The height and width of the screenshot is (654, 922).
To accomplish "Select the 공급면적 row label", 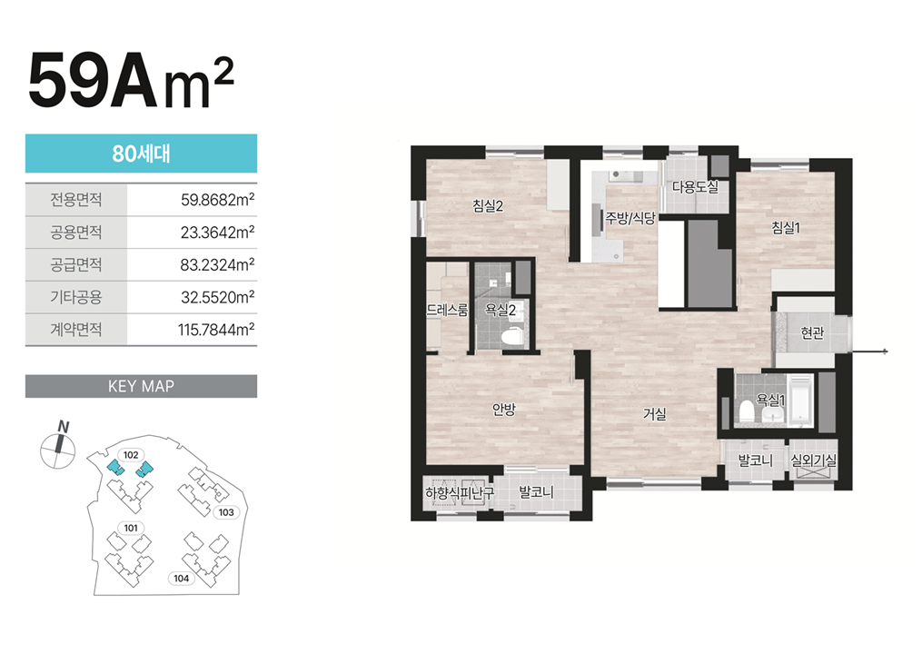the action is [76, 264].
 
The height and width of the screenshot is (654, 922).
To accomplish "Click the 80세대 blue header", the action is [141, 154].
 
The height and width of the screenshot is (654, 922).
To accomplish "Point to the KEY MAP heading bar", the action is [141, 386].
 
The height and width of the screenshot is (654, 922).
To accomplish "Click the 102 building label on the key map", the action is [131, 455].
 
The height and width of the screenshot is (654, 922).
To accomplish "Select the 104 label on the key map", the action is [181, 578].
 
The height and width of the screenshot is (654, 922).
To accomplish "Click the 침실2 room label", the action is [488, 206].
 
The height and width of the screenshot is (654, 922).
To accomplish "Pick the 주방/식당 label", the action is [630, 218].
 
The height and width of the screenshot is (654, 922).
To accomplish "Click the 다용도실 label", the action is [695, 187].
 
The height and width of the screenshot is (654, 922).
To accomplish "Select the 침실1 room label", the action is [786, 228].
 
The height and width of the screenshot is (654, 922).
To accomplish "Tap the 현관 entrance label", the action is [812, 333].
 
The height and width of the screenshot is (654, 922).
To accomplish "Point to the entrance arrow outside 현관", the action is [869, 352].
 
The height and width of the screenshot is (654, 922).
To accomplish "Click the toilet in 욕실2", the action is [511, 337].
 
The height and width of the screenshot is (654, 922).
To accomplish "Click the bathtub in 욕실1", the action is [800, 400].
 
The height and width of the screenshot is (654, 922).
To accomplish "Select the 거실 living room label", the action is [654, 414].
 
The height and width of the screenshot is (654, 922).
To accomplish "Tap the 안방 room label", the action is [504, 410].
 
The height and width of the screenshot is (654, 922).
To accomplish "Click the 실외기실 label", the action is [813, 461].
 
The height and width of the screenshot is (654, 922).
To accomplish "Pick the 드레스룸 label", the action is [447, 310].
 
